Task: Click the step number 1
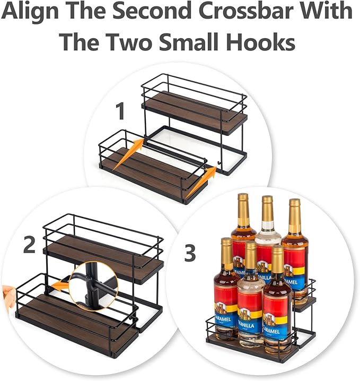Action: click(x=120, y=112)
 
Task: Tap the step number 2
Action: click(x=29, y=245)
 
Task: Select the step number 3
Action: click(x=190, y=253)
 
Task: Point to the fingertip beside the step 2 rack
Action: click(x=6, y=292)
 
